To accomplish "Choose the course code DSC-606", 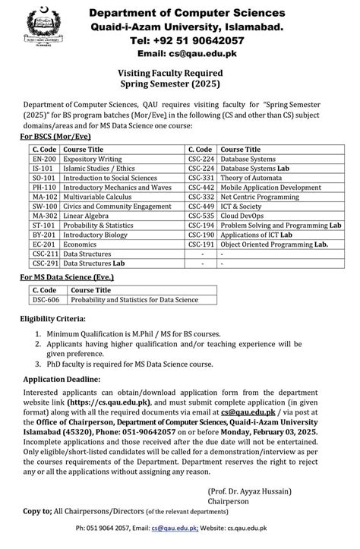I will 46,299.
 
